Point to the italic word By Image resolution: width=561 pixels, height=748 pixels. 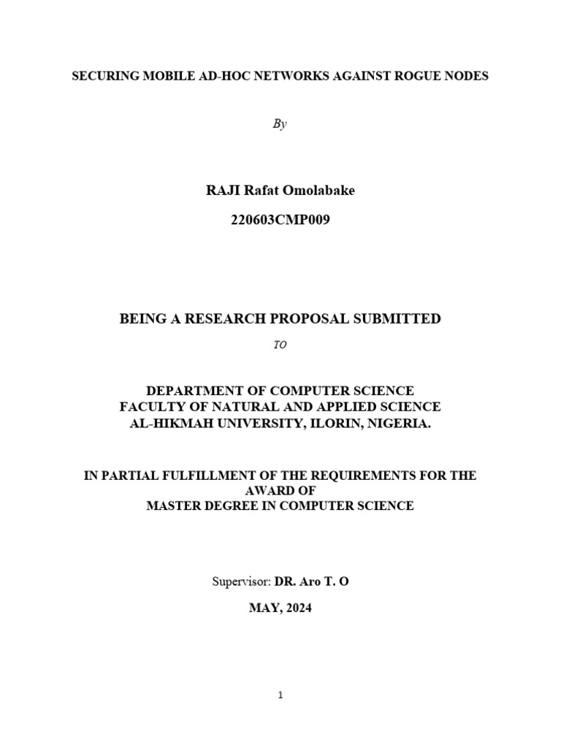[x=280, y=124]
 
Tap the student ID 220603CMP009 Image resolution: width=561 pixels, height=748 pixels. [x=280, y=219]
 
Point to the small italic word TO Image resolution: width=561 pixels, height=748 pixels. [x=280, y=346]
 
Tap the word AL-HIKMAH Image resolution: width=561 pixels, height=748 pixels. [x=169, y=423]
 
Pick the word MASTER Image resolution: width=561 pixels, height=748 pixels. [x=173, y=505]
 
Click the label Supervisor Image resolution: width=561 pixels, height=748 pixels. [x=241, y=582]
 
